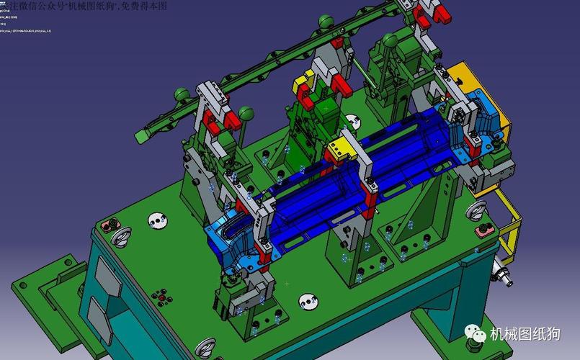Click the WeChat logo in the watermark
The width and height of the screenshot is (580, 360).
click(x=476, y=333)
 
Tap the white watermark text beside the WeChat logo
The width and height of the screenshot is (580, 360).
click(x=524, y=334)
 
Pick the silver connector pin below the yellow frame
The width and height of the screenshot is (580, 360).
click(x=502, y=274)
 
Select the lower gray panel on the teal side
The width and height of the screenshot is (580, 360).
click(x=100, y=316)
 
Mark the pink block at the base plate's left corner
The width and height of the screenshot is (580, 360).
click(x=110, y=226)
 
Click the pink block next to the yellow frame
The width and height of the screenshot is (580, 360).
click(x=484, y=230)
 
